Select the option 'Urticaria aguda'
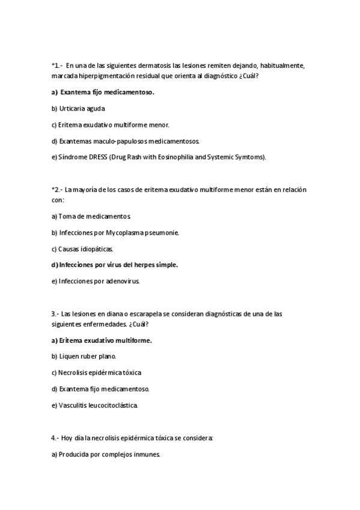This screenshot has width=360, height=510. point(78,109)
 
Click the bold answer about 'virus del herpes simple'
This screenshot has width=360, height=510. point(115,265)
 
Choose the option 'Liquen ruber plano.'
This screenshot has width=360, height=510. point(84,357)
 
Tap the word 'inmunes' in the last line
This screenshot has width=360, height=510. point(147,455)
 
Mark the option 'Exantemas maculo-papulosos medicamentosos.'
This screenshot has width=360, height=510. point(126,141)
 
